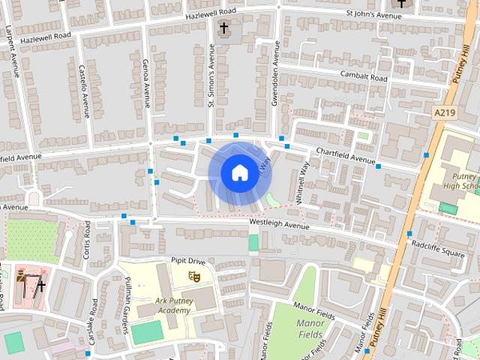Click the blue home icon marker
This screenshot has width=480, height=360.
(238, 172)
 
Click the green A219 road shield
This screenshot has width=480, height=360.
(445, 111)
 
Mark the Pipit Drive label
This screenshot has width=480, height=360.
(188, 260)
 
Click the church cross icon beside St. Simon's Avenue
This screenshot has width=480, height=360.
(223, 28)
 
